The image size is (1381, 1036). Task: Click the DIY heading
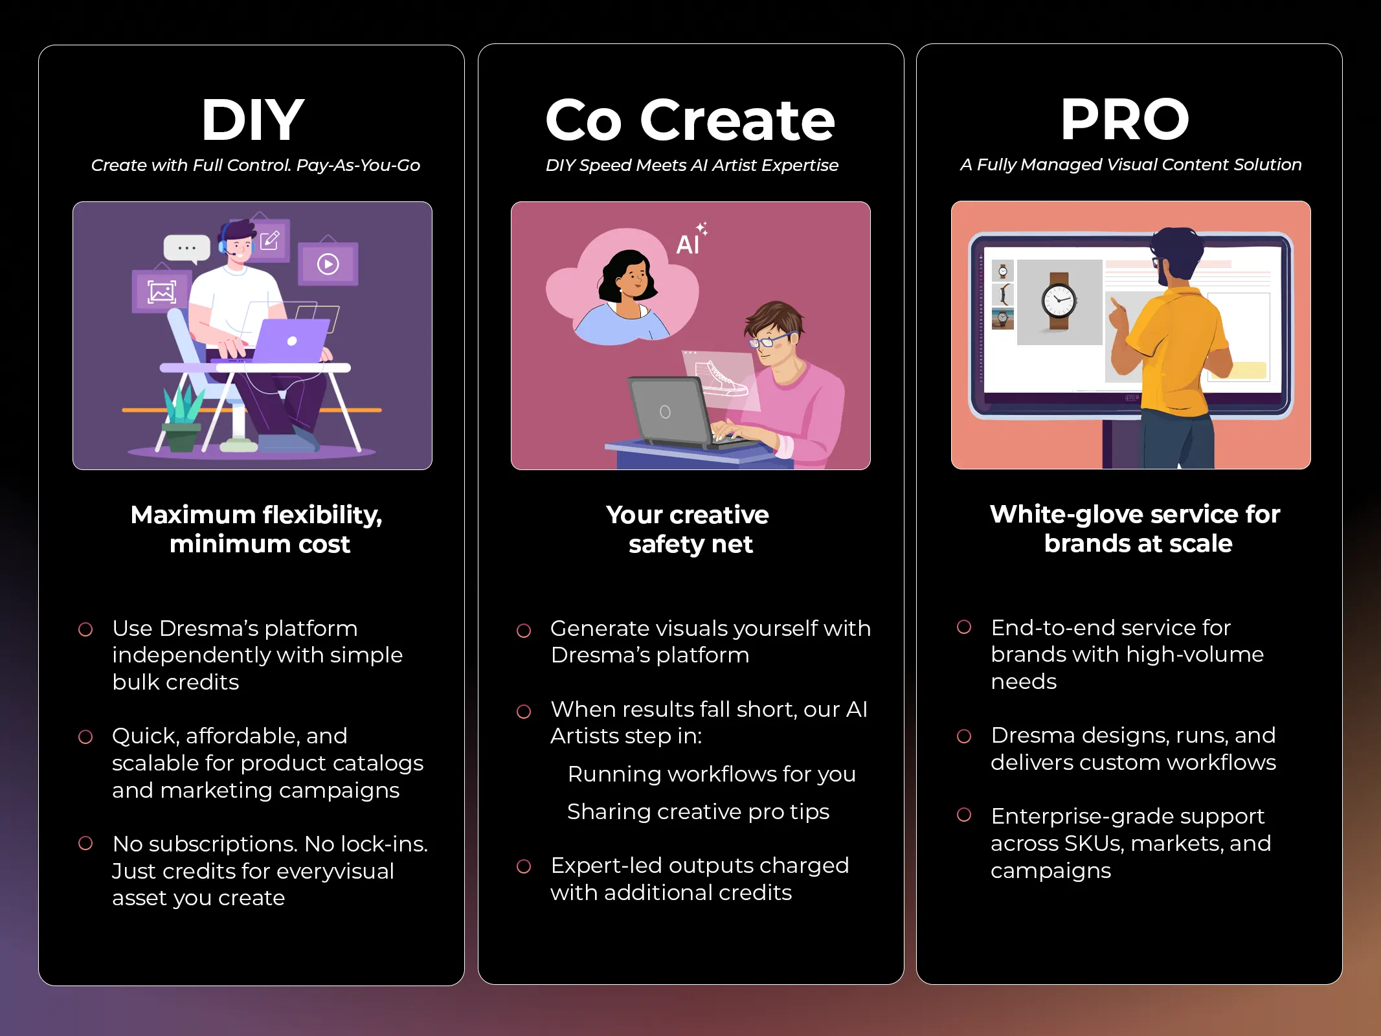tap(253, 120)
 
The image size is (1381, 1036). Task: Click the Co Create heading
tap(690, 120)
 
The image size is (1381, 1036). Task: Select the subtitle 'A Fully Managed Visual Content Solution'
tap(1130, 164)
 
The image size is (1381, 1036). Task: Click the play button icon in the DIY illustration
tap(328, 264)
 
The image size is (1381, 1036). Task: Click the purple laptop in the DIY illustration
tap(291, 341)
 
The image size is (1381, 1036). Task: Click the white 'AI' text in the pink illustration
tap(688, 245)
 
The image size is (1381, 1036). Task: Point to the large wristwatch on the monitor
tap(1059, 300)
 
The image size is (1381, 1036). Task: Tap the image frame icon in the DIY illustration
tap(161, 292)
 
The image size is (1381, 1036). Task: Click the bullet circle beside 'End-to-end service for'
tap(964, 627)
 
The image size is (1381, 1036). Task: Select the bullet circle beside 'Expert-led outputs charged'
tap(524, 866)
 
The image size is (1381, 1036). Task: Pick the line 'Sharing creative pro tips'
tap(698, 811)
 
